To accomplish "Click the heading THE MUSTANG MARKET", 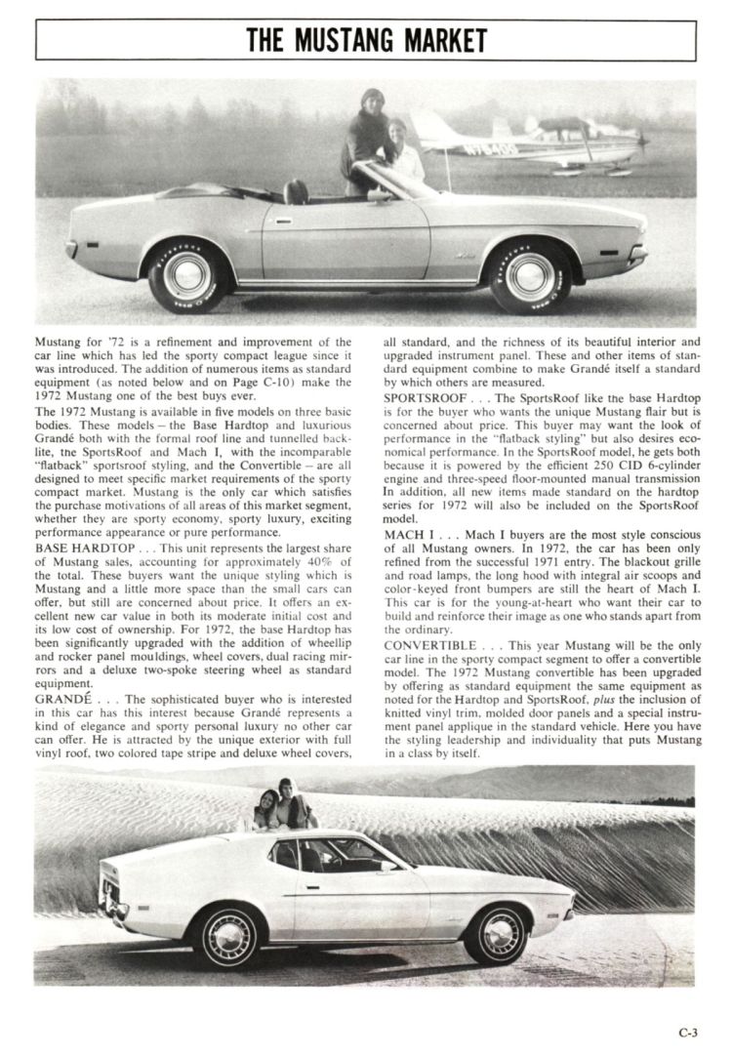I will tap(365, 40).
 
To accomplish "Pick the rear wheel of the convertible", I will tap(186, 276).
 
